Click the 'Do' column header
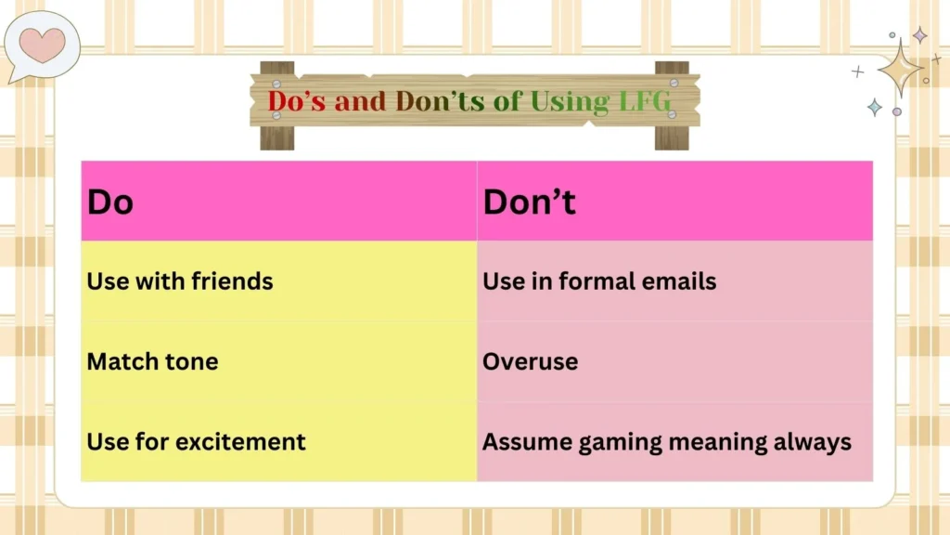tap(278, 202)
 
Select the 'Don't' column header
tap(674, 202)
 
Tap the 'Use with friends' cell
tap(278, 281)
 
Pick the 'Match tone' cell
tap(278, 361)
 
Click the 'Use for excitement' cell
tap(278, 441)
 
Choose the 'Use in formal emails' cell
tap(674, 281)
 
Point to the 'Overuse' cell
tap(674, 361)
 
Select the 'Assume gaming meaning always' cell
tap(674, 441)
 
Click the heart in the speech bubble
tap(43, 44)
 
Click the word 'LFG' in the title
tap(646, 101)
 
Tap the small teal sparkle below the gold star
tap(874, 107)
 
